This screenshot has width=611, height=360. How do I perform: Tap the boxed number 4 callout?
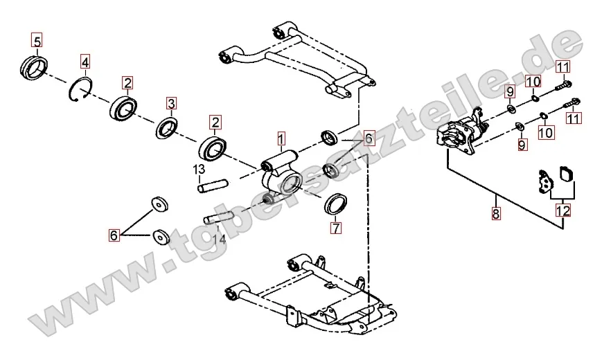(85, 62)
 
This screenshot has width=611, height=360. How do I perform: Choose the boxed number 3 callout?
(172, 104)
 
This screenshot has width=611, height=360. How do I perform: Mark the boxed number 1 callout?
(281, 137)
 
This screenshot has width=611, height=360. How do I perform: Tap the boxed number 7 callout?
(335, 227)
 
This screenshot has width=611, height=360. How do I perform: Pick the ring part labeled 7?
(336, 204)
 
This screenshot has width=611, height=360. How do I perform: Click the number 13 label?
(199, 170)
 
